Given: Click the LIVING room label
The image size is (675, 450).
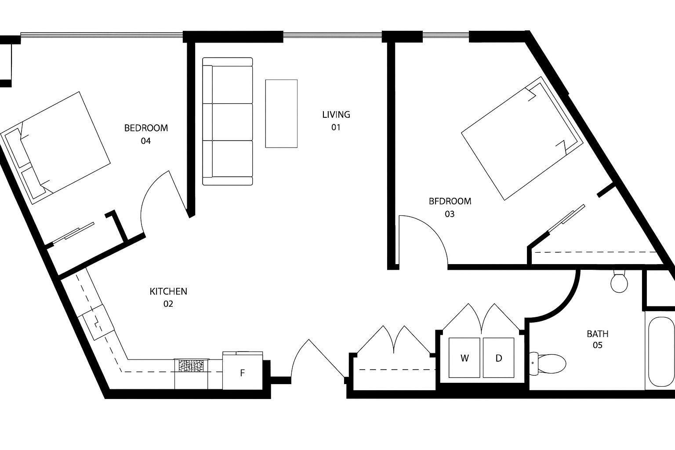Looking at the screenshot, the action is pyautogui.click(x=336, y=115).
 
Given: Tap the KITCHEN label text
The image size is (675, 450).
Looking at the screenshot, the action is pyautogui.click(x=168, y=291).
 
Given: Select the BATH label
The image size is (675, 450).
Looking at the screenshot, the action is pyautogui.click(x=598, y=334).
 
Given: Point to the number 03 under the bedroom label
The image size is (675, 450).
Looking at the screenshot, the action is pyautogui.click(x=450, y=214).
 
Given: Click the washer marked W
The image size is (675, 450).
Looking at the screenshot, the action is pyautogui.click(x=465, y=358).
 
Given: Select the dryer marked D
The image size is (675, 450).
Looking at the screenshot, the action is pyautogui.click(x=499, y=358).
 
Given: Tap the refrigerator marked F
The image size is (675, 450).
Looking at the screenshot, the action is pyautogui.click(x=243, y=371).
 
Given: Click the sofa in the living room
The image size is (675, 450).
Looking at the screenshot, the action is pyautogui.click(x=228, y=121).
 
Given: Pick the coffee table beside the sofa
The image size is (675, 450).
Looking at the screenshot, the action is pyautogui.click(x=281, y=114).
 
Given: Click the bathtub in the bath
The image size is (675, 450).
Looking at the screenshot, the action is pyautogui.click(x=662, y=352).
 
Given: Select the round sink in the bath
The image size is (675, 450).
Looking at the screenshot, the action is pyautogui.click(x=619, y=282).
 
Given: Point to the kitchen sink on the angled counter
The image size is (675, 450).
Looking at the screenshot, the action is pyautogui.click(x=96, y=322).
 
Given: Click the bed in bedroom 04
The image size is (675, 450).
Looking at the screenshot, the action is pyautogui.click(x=56, y=148).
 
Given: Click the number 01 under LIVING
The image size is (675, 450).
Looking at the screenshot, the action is pyautogui.click(x=336, y=127).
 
